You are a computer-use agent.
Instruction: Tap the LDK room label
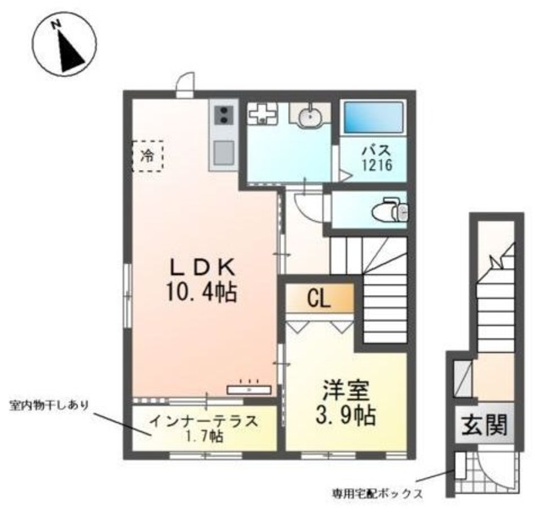click(201, 266)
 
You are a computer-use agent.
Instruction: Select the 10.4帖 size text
click(201, 293)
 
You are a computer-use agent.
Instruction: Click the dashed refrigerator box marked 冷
click(148, 156)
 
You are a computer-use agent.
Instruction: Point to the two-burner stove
click(223, 115)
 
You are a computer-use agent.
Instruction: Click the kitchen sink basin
click(223, 153)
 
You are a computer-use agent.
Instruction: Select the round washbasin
click(310, 117)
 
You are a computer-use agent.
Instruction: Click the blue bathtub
click(374, 118)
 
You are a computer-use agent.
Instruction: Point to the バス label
click(376, 151)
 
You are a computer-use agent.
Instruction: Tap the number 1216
click(377, 165)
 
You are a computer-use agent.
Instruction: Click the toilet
click(391, 210)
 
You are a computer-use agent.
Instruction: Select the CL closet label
click(319, 299)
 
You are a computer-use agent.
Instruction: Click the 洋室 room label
click(347, 390)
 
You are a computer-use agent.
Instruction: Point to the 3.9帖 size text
click(346, 415)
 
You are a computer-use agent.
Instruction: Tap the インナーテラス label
click(205, 421)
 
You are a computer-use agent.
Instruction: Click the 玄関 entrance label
click(484, 425)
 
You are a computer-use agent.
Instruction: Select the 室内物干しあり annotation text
click(49, 405)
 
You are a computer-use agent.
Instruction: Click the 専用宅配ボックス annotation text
click(378, 492)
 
